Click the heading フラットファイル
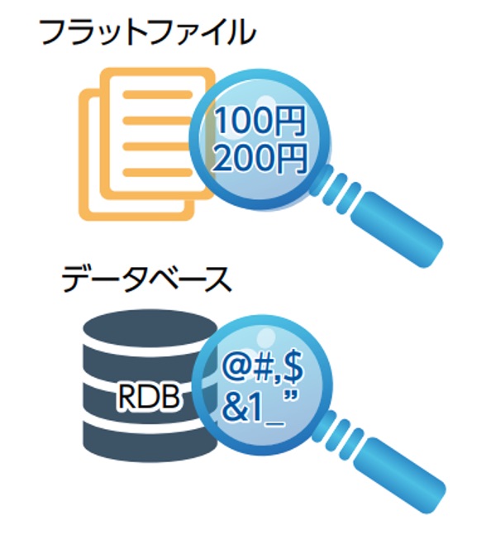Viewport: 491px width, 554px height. tap(148, 33)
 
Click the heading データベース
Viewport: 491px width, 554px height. tap(146, 279)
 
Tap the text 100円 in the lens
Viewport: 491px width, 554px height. tap(260, 121)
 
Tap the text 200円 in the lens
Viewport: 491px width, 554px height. tap(260, 159)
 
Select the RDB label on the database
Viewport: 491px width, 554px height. tap(149, 396)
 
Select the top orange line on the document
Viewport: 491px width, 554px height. tap(158, 94)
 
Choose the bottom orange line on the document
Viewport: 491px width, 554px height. tap(158, 173)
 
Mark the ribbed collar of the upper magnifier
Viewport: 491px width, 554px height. tap(335, 189)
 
